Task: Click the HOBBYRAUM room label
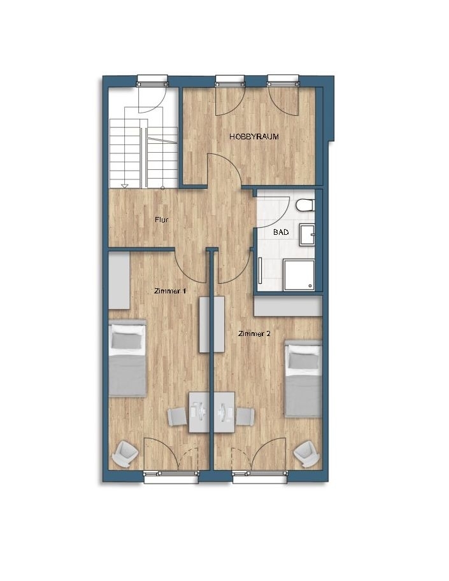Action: point(254,137)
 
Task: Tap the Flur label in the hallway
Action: point(162,220)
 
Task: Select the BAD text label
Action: point(281,232)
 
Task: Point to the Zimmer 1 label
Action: point(170,291)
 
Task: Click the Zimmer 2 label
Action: point(254,334)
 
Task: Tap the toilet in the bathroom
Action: point(306,205)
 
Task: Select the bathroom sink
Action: point(308,234)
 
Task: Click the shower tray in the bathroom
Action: point(299,275)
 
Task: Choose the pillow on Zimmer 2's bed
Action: point(304,360)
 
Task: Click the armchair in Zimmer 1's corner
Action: point(125,454)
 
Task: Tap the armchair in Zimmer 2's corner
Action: point(306,454)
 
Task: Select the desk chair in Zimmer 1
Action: point(178,416)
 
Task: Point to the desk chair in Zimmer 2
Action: point(245,416)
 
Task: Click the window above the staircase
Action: point(152,81)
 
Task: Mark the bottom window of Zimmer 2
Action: point(260,477)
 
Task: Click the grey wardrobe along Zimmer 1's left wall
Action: point(119,280)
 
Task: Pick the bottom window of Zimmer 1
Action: point(171,477)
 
